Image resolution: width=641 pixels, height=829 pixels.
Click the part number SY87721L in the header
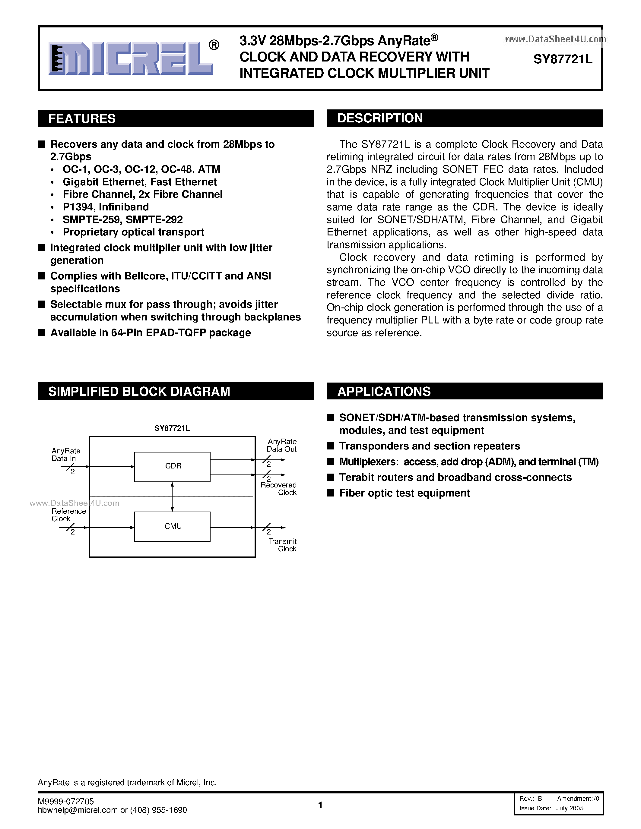click(562, 59)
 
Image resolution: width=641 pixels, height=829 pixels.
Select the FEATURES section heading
click(82, 118)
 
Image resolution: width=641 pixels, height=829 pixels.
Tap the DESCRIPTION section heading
click(380, 118)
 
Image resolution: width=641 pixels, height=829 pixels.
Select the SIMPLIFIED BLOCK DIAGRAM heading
click(139, 391)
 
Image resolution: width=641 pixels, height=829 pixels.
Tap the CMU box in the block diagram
click(173, 526)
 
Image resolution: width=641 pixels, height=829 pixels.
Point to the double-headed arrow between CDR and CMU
click(173, 496)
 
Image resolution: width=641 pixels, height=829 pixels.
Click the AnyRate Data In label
click(65, 454)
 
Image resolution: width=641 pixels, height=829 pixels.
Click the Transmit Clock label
click(283, 545)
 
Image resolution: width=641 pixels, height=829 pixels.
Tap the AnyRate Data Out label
click(282, 445)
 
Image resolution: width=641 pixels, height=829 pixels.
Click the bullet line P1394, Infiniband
click(106, 207)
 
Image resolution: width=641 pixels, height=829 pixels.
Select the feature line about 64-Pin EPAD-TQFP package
click(151, 333)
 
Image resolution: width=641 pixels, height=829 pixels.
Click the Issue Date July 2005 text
click(551, 808)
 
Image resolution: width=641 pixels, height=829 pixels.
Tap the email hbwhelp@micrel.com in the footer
click(78, 810)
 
